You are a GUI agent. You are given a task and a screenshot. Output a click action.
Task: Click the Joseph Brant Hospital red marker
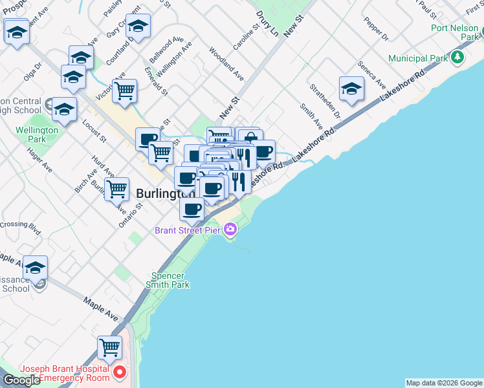[120, 372]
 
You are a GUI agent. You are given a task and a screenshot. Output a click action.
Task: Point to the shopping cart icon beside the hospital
[110, 348]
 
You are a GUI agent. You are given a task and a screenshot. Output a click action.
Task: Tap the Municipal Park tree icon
[458, 58]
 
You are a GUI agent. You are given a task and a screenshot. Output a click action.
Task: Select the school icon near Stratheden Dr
[351, 89]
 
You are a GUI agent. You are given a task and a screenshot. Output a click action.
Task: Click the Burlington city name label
[166, 193]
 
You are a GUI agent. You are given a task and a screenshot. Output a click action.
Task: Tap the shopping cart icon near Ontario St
[116, 189]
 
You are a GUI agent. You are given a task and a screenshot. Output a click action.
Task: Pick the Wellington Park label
[37, 134]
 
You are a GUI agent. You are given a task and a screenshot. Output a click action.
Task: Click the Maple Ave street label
[101, 310]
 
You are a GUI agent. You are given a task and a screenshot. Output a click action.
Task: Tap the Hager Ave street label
[39, 158]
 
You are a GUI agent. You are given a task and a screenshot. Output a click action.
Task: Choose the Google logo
[21, 380]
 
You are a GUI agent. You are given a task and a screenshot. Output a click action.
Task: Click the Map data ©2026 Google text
[444, 383]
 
